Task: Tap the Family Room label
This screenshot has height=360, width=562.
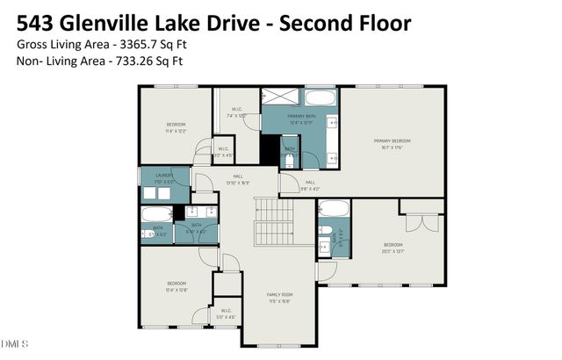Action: click(280, 295)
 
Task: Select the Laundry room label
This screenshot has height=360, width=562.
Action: click(165, 176)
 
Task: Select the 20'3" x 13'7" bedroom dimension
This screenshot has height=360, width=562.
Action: click(393, 250)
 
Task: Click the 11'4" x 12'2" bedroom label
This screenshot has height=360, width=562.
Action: click(177, 128)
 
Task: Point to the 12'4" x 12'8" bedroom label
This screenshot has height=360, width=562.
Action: click(177, 286)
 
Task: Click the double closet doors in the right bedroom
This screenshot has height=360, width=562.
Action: click(421, 220)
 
